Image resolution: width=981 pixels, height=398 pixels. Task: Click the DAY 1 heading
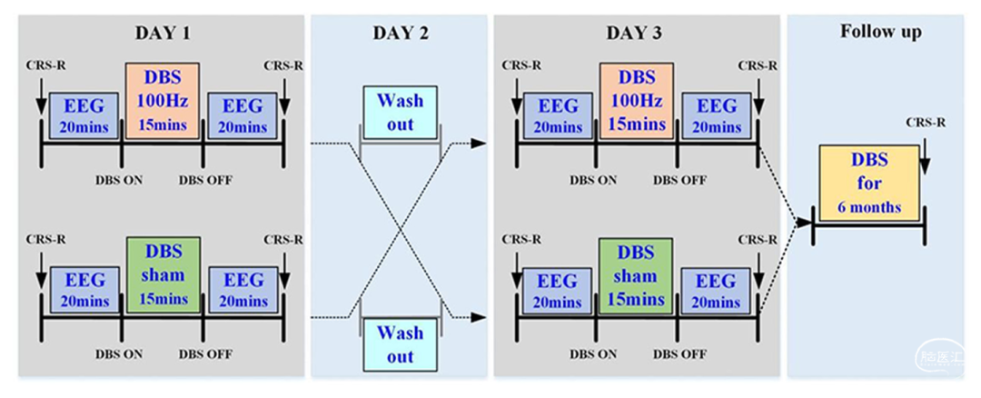pyautogui.click(x=163, y=33)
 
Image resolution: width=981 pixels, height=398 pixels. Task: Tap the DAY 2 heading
pyautogui.click(x=401, y=33)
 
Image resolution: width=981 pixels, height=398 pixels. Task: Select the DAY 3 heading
pyautogui.click(x=634, y=33)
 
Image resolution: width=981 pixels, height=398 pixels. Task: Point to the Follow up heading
pyautogui.click(x=880, y=32)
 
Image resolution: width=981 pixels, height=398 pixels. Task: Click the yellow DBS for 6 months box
pyautogui.click(x=869, y=183)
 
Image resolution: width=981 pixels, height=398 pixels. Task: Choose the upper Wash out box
pyautogui.click(x=401, y=112)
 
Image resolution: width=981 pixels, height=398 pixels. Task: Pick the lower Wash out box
pyautogui.click(x=401, y=344)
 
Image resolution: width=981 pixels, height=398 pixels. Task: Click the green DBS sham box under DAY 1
pyautogui.click(x=163, y=274)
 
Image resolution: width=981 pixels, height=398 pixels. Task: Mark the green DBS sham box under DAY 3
pyautogui.click(x=637, y=274)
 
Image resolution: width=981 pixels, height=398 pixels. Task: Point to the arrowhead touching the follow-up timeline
pyautogui.click(x=805, y=222)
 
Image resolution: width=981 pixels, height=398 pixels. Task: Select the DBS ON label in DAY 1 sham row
pyautogui.click(x=119, y=354)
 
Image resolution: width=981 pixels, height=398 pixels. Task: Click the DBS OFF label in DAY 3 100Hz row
pyautogui.click(x=680, y=180)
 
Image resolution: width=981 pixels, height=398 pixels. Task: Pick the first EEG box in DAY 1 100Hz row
pyautogui.click(x=84, y=115)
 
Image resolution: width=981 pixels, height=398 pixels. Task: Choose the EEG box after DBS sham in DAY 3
pyautogui.click(x=717, y=291)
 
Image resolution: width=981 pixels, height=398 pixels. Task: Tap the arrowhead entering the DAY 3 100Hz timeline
pyautogui.click(x=479, y=144)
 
